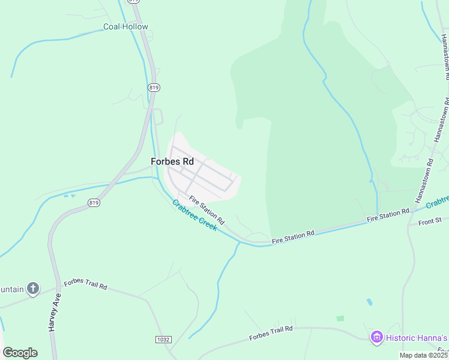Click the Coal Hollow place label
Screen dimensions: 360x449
point(125,26)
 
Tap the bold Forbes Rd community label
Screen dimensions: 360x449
point(172,162)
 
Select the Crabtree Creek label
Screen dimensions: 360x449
point(194,216)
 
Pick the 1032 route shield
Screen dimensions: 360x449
point(163,340)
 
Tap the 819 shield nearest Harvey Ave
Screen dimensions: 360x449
point(93,203)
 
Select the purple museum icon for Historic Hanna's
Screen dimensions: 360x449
point(376,337)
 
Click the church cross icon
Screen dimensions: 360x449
point(32,289)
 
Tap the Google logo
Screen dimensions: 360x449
point(20,353)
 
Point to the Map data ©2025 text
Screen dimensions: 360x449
point(424,355)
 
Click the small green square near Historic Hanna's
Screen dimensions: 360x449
point(340,318)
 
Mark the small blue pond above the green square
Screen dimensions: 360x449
point(369,302)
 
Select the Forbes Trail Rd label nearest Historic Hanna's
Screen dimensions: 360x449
point(271,333)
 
